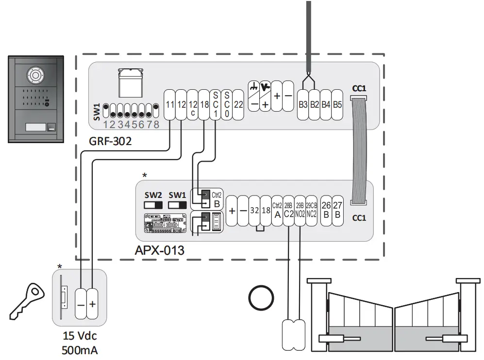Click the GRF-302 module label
(x=110, y=143)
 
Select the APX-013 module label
(x=160, y=251)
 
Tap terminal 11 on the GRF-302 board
(x=169, y=104)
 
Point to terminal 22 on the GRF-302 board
(x=238, y=104)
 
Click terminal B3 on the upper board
(x=303, y=104)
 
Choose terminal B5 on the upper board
(x=337, y=104)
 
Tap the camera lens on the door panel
(x=35, y=76)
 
